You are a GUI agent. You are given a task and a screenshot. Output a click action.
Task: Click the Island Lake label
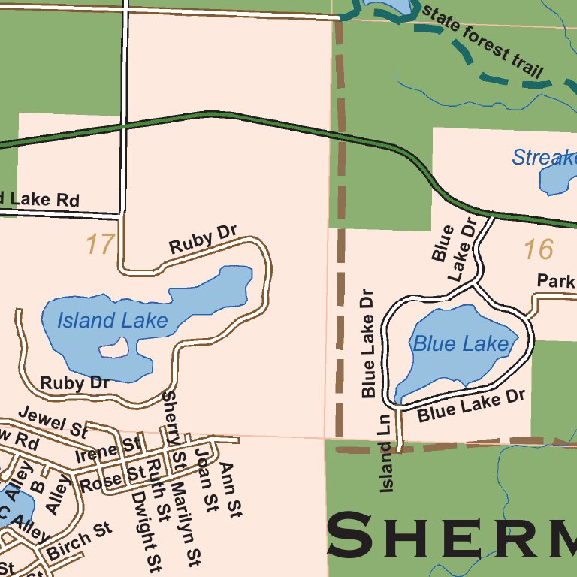pos(112,321)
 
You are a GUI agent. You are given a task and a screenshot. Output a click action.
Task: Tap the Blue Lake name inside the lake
pos(461,345)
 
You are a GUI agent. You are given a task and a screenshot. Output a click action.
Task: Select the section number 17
pos(99,244)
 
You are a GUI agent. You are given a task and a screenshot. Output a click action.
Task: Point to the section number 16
pos(538,249)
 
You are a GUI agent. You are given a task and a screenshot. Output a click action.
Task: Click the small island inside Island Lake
pos(113,348)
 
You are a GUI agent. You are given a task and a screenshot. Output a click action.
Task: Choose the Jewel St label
pos(52,421)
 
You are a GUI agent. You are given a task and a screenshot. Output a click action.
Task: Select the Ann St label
pos(231,490)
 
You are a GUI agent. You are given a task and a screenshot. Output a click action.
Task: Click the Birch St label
pos(79,542)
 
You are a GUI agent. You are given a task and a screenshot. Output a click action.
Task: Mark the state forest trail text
pos(483,42)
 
